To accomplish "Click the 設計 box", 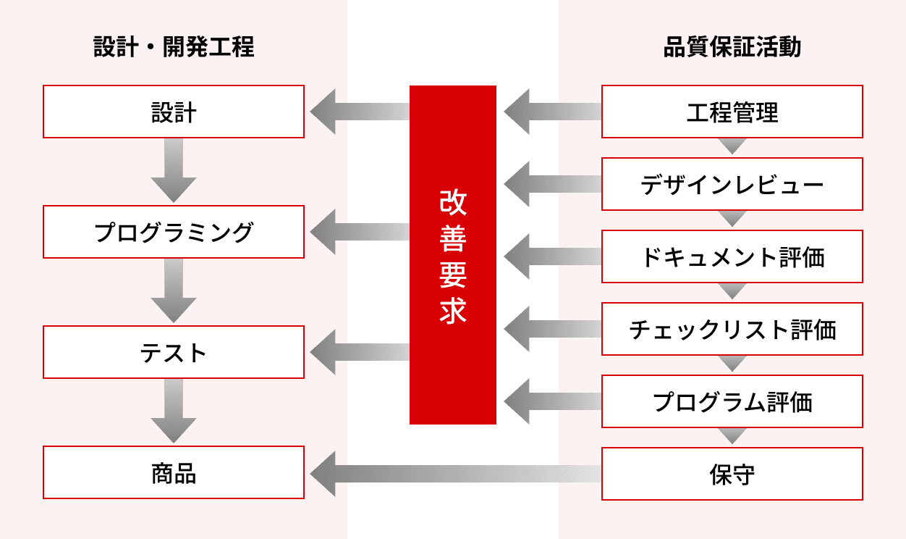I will (x=174, y=112).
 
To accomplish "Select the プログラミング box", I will (x=174, y=232).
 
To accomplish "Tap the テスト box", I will (x=174, y=352).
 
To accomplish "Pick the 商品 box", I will (x=174, y=472).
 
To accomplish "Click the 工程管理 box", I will (x=732, y=112).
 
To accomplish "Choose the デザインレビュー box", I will (x=732, y=184).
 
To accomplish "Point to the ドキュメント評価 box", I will (x=732, y=256).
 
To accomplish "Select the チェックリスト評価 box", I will (x=732, y=329).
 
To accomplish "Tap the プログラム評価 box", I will (x=732, y=401).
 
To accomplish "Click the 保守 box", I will (x=732, y=474).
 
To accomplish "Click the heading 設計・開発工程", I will (x=174, y=48).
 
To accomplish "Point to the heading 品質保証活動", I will (x=732, y=48).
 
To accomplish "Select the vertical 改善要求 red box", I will (x=453, y=254).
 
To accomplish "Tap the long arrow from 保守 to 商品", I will (x=456, y=474).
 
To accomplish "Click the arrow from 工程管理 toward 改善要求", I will (x=553, y=112).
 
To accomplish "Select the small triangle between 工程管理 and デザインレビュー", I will (x=732, y=146).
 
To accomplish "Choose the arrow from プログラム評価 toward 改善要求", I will (x=553, y=401).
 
